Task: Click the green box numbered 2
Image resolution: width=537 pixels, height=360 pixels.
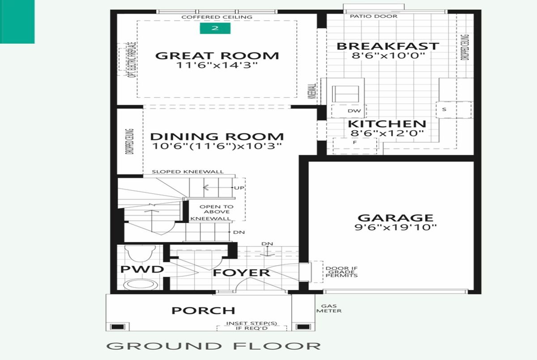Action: (215, 28)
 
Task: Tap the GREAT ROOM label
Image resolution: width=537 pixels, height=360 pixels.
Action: (217, 56)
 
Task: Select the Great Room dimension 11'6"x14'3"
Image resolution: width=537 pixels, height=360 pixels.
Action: (217, 65)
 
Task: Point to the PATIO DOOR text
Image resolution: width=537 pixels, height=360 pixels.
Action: (374, 16)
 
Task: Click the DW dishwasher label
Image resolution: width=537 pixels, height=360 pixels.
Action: (354, 111)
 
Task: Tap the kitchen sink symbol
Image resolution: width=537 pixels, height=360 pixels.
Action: (345, 94)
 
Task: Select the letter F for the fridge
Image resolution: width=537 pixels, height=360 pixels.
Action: (355, 143)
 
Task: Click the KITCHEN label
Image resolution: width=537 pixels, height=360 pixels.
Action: (387, 124)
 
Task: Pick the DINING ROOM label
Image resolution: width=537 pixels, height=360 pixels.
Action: (217, 137)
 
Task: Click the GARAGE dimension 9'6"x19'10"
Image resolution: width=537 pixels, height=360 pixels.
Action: (396, 227)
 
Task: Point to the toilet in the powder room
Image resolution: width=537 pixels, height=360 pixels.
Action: (140, 254)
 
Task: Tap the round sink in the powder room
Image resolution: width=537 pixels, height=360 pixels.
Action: (141, 284)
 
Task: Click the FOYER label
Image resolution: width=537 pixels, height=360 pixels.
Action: (241, 273)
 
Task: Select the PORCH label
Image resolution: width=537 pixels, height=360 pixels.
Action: (203, 311)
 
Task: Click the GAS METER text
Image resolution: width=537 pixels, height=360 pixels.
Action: (329, 309)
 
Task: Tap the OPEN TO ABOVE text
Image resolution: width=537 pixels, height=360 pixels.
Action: (217, 209)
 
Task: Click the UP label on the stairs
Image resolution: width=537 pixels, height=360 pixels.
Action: (239, 188)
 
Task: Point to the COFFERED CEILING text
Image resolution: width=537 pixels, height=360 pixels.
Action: (217, 17)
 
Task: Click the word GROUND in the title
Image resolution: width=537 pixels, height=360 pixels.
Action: (164, 346)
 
